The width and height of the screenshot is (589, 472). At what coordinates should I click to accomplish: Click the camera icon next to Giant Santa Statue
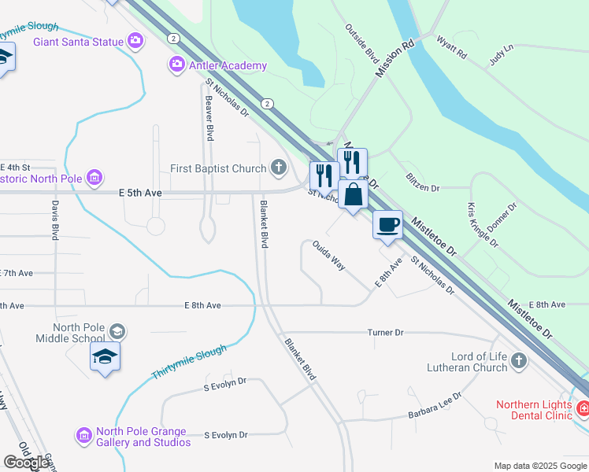pos(136,40)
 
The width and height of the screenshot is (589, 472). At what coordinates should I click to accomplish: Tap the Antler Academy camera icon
pos(177,65)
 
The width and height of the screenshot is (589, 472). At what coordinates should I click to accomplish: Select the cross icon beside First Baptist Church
pos(278,167)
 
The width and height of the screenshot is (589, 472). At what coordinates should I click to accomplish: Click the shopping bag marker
pos(353,194)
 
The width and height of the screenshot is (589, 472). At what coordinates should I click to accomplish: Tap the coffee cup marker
pos(387,224)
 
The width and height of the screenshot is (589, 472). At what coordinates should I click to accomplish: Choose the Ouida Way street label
pos(328,256)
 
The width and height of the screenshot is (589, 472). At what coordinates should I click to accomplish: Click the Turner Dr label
pos(385,333)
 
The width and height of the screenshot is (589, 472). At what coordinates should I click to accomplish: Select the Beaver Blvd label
pos(209,119)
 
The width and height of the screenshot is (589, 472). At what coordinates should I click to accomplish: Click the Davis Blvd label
pos(56,220)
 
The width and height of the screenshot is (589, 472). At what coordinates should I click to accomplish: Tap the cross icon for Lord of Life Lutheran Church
pos(518,360)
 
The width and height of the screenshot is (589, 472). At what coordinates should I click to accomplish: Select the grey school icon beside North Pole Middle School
pos(117,331)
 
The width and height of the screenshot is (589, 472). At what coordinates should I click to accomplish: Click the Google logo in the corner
pos(25,463)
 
